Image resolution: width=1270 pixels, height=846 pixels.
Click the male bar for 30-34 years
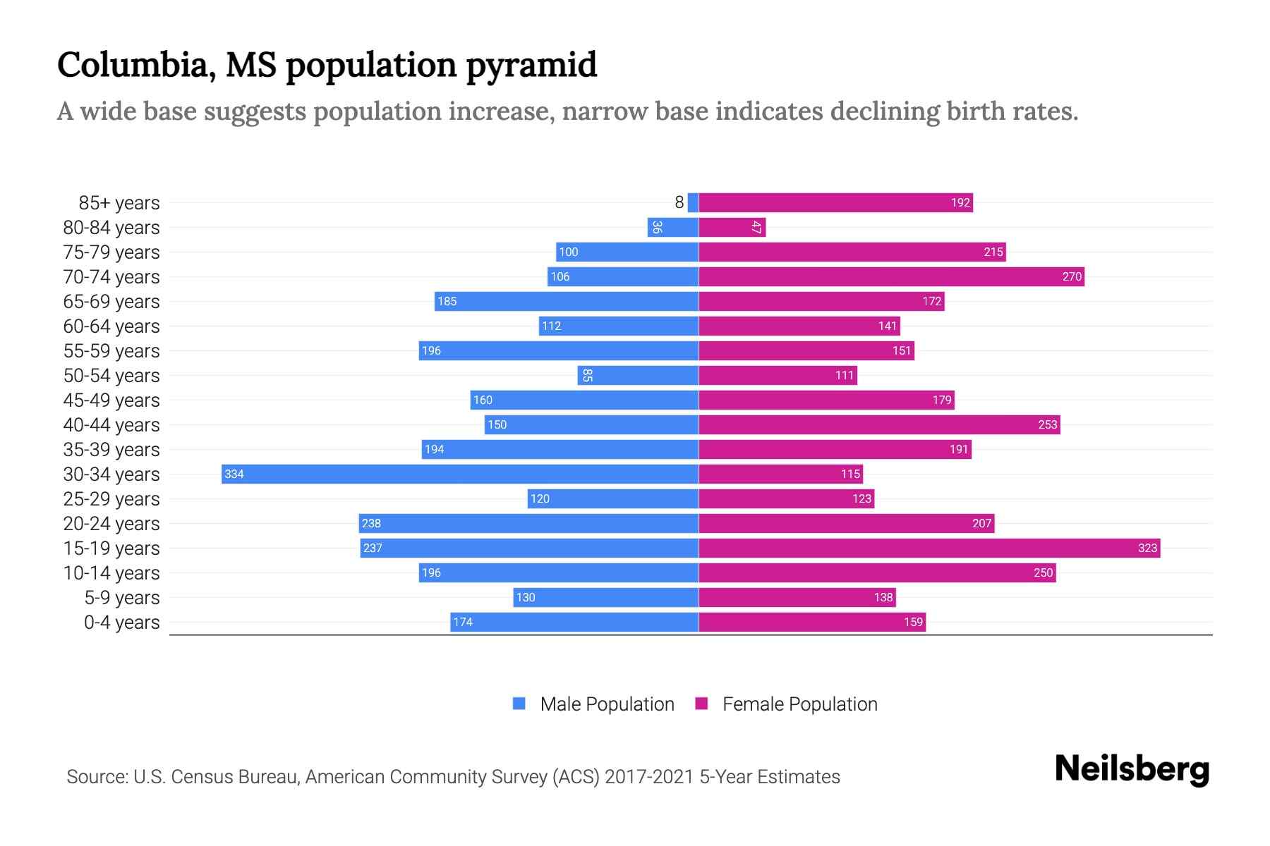click(x=460, y=474)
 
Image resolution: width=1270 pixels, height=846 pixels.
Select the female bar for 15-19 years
click(x=929, y=548)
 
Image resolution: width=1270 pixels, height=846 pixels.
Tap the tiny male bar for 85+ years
click(x=693, y=202)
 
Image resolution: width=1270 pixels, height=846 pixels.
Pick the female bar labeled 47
click(x=732, y=227)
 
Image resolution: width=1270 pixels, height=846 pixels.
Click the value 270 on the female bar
click(x=1071, y=276)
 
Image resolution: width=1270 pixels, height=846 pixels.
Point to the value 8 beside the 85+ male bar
click(x=679, y=202)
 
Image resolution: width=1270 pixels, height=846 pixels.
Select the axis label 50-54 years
click(x=111, y=375)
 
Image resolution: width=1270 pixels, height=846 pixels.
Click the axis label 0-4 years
click(x=121, y=622)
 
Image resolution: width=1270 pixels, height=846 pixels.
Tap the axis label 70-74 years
click(x=111, y=276)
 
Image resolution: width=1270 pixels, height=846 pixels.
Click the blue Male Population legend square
click(x=519, y=704)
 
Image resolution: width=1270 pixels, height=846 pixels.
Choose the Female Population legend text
click(x=799, y=704)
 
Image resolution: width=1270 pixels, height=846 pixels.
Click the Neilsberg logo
click(x=1132, y=769)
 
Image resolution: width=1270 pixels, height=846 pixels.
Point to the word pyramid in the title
click(x=531, y=65)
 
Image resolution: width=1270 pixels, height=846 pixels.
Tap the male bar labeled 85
click(x=638, y=375)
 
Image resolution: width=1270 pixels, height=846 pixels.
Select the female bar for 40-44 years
click(x=879, y=424)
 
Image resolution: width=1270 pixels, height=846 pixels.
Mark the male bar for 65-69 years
click(x=567, y=301)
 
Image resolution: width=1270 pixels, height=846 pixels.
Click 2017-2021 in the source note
click(x=648, y=777)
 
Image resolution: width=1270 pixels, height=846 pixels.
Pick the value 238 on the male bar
click(x=371, y=523)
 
